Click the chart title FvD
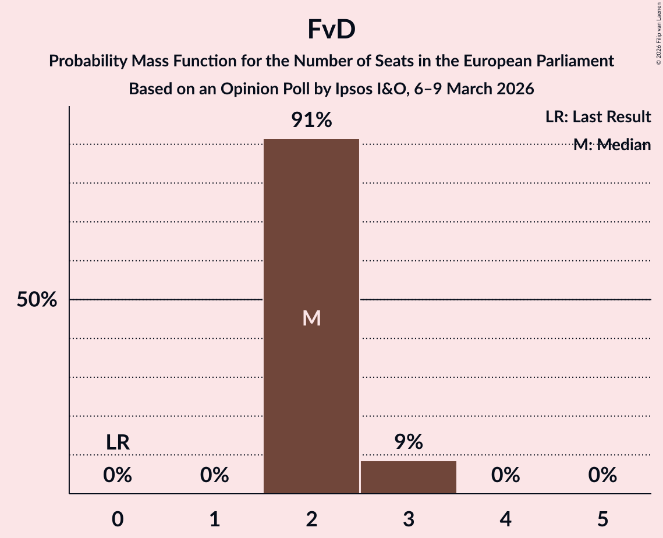tap(331, 30)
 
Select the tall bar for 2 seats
tap(311, 233)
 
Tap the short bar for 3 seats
tap(408, 477)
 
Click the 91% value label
tap(311, 121)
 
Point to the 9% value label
tap(408, 442)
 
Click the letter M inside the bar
tap(311, 318)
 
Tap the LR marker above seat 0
tap(118, 443)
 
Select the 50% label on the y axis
tap(37, 300)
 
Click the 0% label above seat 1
tap(215, 476)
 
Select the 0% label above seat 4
tap(505, 476)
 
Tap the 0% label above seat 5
tap(602, 476)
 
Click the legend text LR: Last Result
tap(598, 117)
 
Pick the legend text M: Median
tap(612, 145)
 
